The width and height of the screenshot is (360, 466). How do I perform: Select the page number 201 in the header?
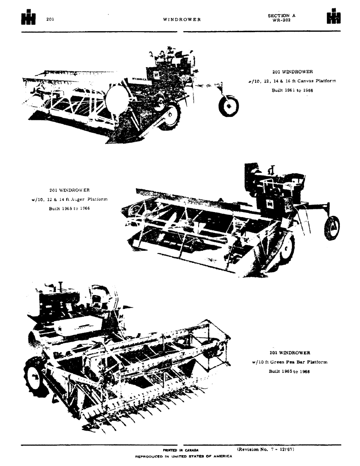coord(50,19)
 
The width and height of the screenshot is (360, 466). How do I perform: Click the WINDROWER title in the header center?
coord(182,20)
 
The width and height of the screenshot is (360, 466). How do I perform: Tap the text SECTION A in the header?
coord(281,15)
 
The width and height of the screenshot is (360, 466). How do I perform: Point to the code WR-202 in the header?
coord(281,20)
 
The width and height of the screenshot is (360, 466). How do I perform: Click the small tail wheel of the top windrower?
coord(228,106)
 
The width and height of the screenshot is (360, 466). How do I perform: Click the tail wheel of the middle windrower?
coord(332,228)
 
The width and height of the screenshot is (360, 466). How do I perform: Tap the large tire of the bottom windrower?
coord(35,377)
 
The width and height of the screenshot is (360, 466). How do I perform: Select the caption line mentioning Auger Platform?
coord(69,199)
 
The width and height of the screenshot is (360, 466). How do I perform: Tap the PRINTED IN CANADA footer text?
coord(180,450)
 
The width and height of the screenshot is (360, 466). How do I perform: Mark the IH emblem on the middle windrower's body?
coord(270,204)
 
